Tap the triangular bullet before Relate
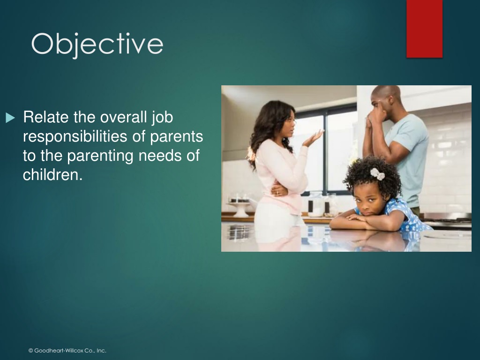pyautogui.click(x=10, y=118)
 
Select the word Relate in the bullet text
pyautogui.click(x=46, y=117)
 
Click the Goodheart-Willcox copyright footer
pyautogui.click(x=67, y=351)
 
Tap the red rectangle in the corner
pyautogui.click(x=424, y=29)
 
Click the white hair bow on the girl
pyautogui.click(x=377, y=174)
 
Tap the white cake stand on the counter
pyautogui.click(x=240, y=208)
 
